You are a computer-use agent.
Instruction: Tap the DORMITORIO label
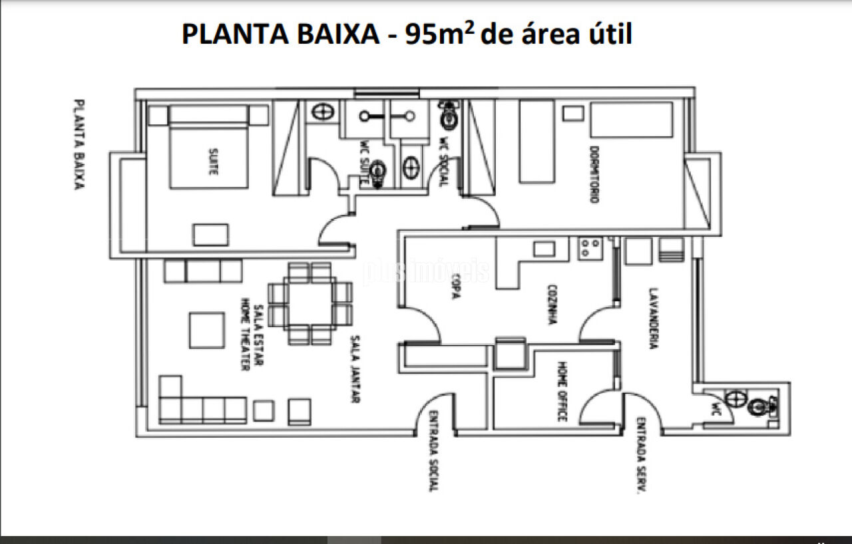(x=593, y=174)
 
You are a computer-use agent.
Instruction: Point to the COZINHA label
(x=552, y=305)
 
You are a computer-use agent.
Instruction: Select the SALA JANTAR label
(x=357, y=370)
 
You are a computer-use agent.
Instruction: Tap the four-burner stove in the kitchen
(x=590, y=248)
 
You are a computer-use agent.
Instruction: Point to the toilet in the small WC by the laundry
(x=759, y=405)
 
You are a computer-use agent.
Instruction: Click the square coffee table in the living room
(x=206, y=331)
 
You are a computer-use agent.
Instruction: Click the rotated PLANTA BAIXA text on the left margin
(x=79, y=145)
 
